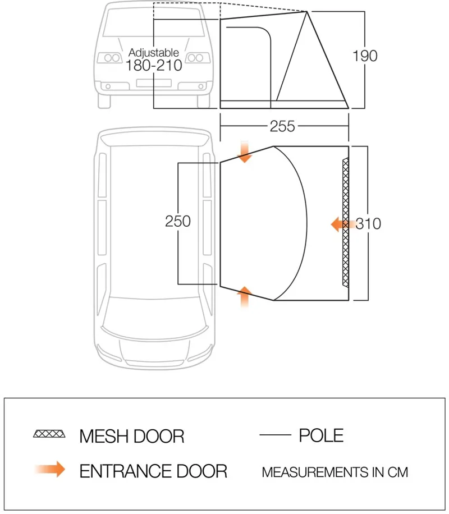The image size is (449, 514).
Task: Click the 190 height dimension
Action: (x=365, y=56)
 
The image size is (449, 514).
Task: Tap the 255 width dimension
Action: (x=282, y=127)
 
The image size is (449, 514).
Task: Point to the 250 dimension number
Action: (x=178, y=221)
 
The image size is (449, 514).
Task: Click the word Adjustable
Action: (x=154, y=53)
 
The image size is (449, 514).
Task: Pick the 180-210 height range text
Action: (x=154, y=66)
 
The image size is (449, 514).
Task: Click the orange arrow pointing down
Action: (x=245, y=152)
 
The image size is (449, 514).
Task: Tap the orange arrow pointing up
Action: (x=245, y=296)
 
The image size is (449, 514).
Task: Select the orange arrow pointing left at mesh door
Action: (x=341, y=224)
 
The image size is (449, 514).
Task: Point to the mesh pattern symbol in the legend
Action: (x=49, y=434)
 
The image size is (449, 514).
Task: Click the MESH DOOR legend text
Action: (x=131, y=435)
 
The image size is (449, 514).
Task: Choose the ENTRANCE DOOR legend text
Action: (x=153, y=471)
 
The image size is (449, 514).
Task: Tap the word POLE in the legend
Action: (x=321, y=435)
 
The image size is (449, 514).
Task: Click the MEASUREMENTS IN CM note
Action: (x=335, y=472)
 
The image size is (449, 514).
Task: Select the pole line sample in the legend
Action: (x=275, y=435)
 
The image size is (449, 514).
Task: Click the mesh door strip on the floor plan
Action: (x=346, y=223)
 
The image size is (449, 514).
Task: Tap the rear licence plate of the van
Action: (x=154, y=84)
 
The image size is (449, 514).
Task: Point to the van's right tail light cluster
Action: (x=196, y=58)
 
